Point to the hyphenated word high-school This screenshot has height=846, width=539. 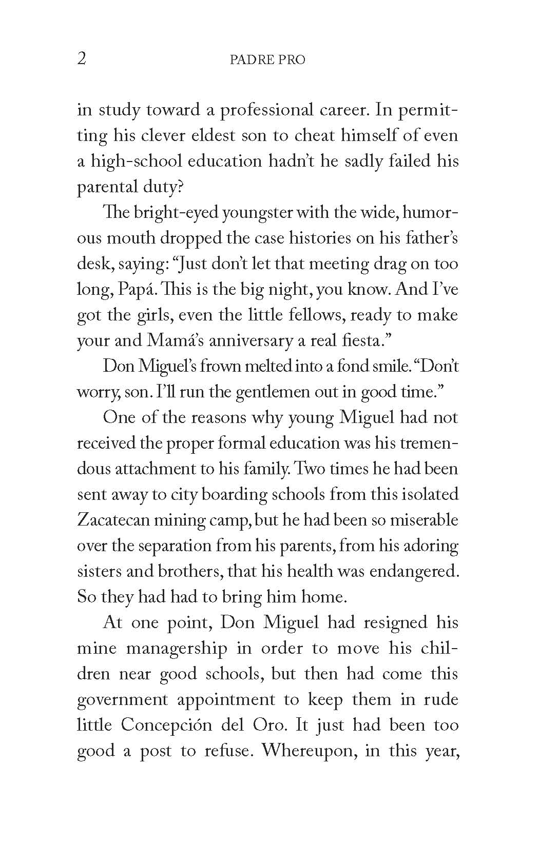tap(133, 162)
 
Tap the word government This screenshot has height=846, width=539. tap(122, 700)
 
